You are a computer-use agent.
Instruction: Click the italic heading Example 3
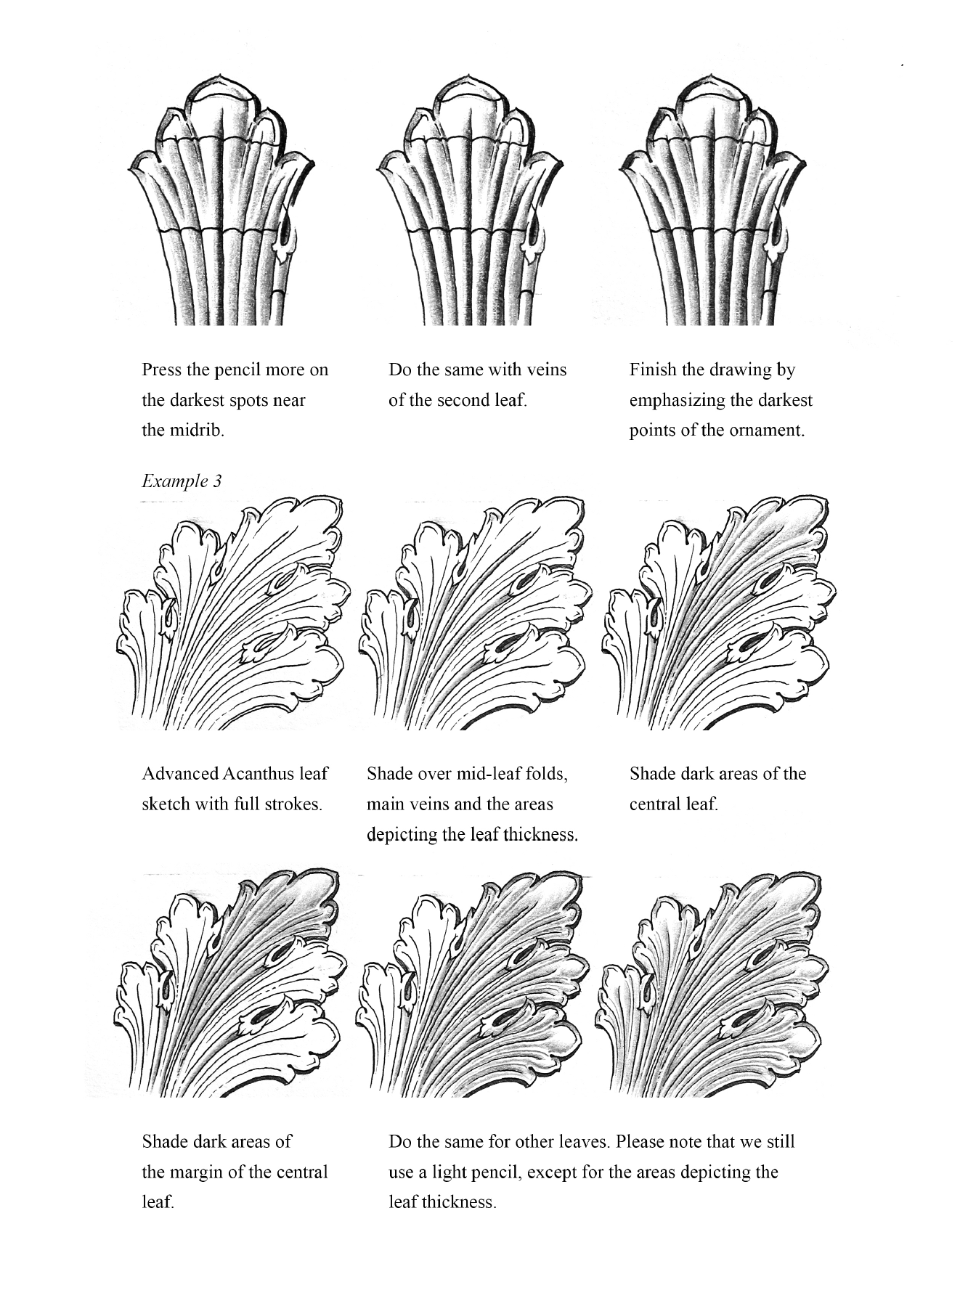(x=182, y=481)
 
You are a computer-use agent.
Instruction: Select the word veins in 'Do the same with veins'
(x=544, y=370)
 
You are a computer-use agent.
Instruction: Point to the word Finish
(x=653, y=370)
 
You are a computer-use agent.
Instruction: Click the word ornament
(x=775, y=430)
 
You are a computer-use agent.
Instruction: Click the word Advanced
(x=180, y=774)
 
